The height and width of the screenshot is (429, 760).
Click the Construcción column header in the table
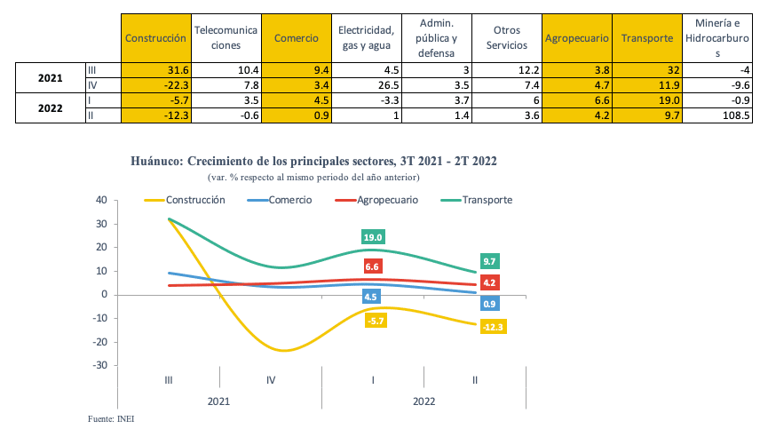155,38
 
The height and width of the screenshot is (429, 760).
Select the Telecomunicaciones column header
226,38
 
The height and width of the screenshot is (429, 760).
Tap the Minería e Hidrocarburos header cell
717,38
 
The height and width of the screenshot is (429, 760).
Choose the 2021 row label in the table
50,77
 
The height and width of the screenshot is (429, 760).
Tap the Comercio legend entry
287,200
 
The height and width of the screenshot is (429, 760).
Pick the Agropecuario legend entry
387,200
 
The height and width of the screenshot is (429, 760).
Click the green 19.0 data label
372,237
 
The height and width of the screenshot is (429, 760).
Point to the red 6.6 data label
372,266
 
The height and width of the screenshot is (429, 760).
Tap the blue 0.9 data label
490,305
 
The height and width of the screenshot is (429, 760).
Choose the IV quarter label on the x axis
270,380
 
